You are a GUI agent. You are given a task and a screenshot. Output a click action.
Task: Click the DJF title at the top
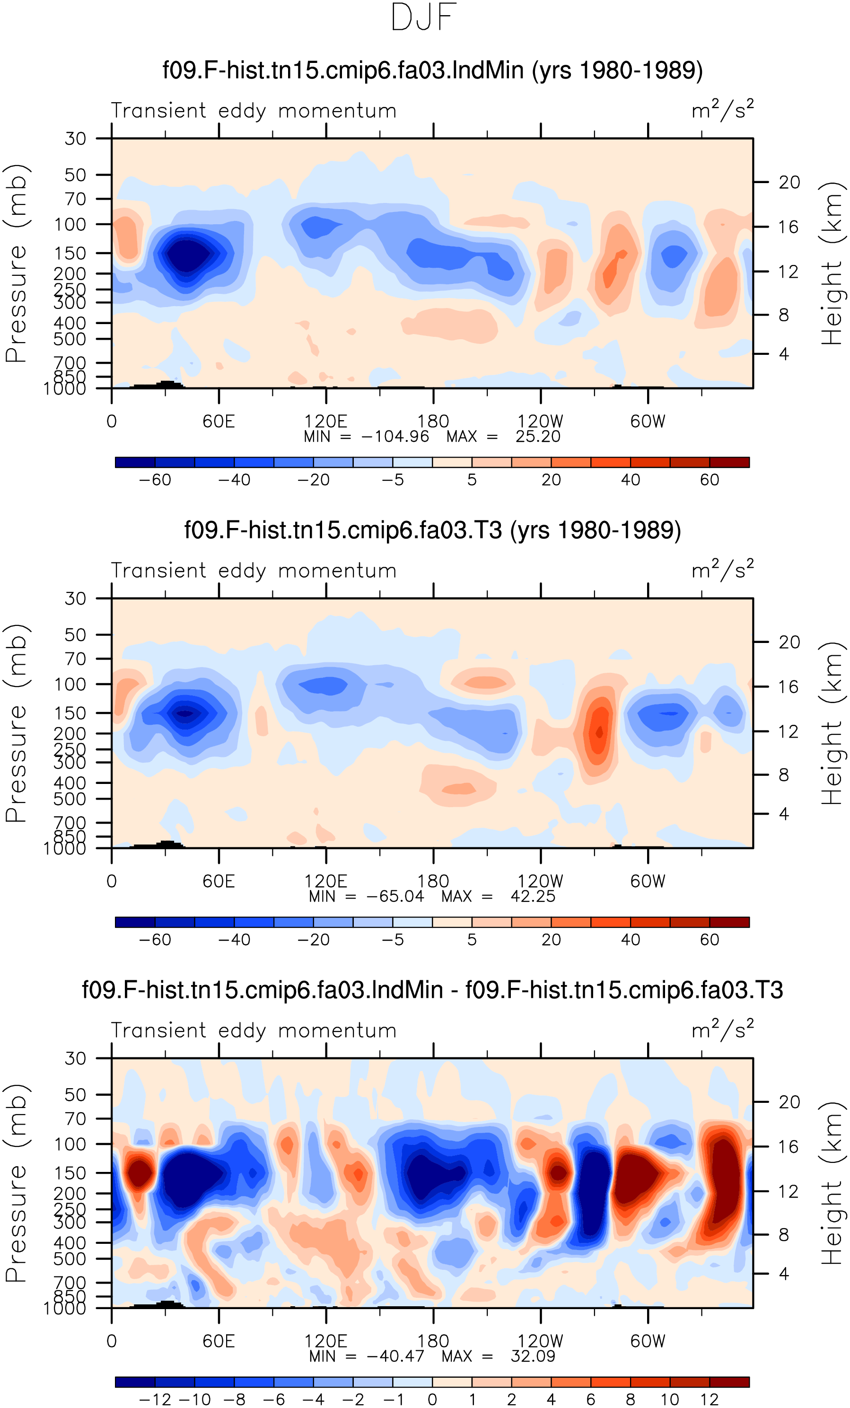[424, 17]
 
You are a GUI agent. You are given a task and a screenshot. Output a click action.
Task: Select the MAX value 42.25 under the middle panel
[533, 896]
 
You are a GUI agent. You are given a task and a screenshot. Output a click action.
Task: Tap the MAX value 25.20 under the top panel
[537, 437]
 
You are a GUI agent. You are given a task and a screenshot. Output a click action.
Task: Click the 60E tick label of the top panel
[219, 421]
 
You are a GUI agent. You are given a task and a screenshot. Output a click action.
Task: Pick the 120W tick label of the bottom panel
[540, 1340]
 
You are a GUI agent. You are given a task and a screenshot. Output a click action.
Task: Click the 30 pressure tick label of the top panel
[75, 138]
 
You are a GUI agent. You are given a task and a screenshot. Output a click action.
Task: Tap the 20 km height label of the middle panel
[789, 642]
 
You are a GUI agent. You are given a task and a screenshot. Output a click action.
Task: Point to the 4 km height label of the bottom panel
[784, 1274]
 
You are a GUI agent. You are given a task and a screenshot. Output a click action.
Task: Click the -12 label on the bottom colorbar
[155, 1399]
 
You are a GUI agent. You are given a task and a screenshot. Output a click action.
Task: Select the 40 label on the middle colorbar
[631, 940]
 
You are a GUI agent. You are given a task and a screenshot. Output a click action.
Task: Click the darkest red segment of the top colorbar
[729, 462]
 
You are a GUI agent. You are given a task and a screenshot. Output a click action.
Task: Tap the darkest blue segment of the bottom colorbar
[135, 1382]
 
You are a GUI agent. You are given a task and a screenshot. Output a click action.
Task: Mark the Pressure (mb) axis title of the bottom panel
[16, 1183]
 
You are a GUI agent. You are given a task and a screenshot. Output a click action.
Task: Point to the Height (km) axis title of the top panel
[831, 264]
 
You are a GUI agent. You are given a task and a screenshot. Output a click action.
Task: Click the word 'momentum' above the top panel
[338, 111]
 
